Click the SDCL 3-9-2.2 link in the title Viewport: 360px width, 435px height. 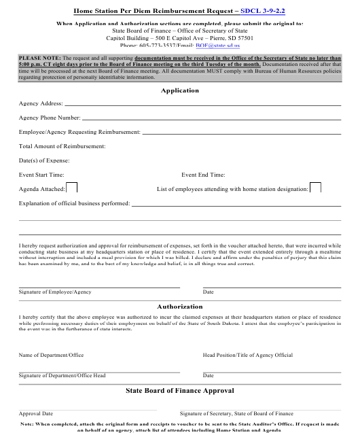pyautogui.click(x=266, y=12)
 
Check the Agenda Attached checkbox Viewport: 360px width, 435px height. pyautogui.click(x=71, y=188)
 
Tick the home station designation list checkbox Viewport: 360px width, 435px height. pyautogui.click(x=315, y=188)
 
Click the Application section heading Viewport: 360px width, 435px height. pyautogui.click(x=180, y=90)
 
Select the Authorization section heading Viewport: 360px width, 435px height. pyautogui.click(x=180, y=307)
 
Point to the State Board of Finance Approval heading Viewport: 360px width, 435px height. pyautogui.click(x=180, y=391)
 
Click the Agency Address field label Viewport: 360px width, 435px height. pyautogui.click(x=41, y=103)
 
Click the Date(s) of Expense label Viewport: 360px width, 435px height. pyautogui.click(x=44, y=160)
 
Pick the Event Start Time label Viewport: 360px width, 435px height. pyautogui.click(x=41, y=175)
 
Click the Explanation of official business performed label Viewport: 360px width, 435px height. pyautogui.click(x=74, y=203)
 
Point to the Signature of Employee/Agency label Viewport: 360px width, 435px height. pyautogui.click(x=55, y=292)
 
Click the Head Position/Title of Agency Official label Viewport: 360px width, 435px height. pyautogui.click(x=248, y=355)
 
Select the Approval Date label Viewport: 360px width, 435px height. pyautogui.click(x=36, y=413)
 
